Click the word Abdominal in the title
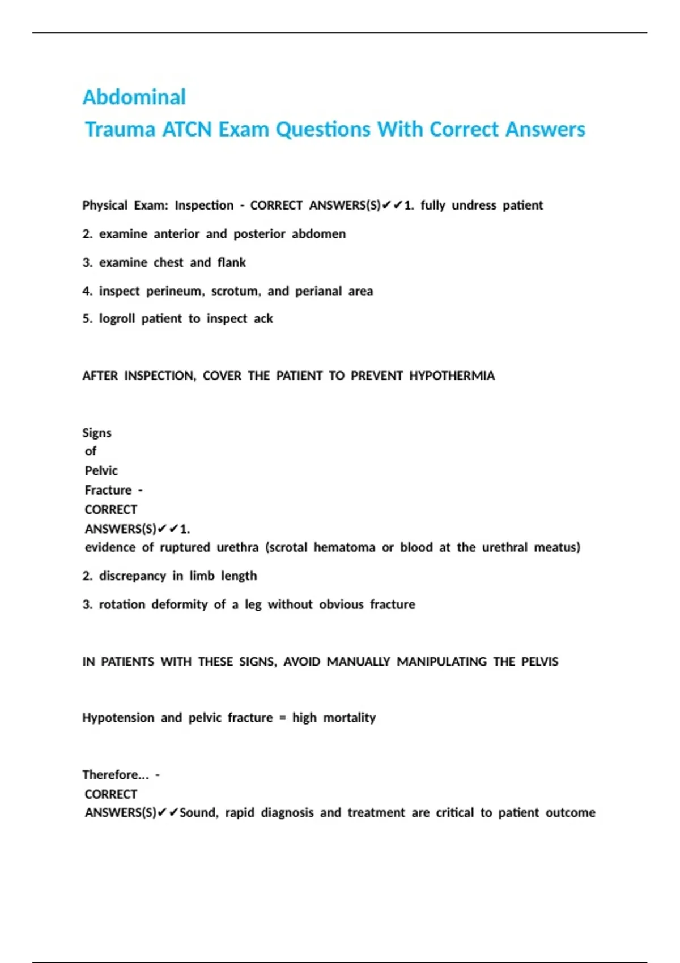click(x=134, y=97)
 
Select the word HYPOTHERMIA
click(x=452, y=376)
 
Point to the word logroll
click(x=117, y=318)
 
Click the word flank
click(x=231, y=262)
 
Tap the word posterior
click(x=259, y=234)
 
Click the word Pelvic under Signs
click(x=101, y=471)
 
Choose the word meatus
click(x=557, y=547)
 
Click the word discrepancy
click(x=133, y=576)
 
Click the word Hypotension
click(x=118, y=718)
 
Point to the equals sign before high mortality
click(x=282, y=718)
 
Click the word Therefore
click(x=113, y=774)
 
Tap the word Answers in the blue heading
click(x=545, y=129)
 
